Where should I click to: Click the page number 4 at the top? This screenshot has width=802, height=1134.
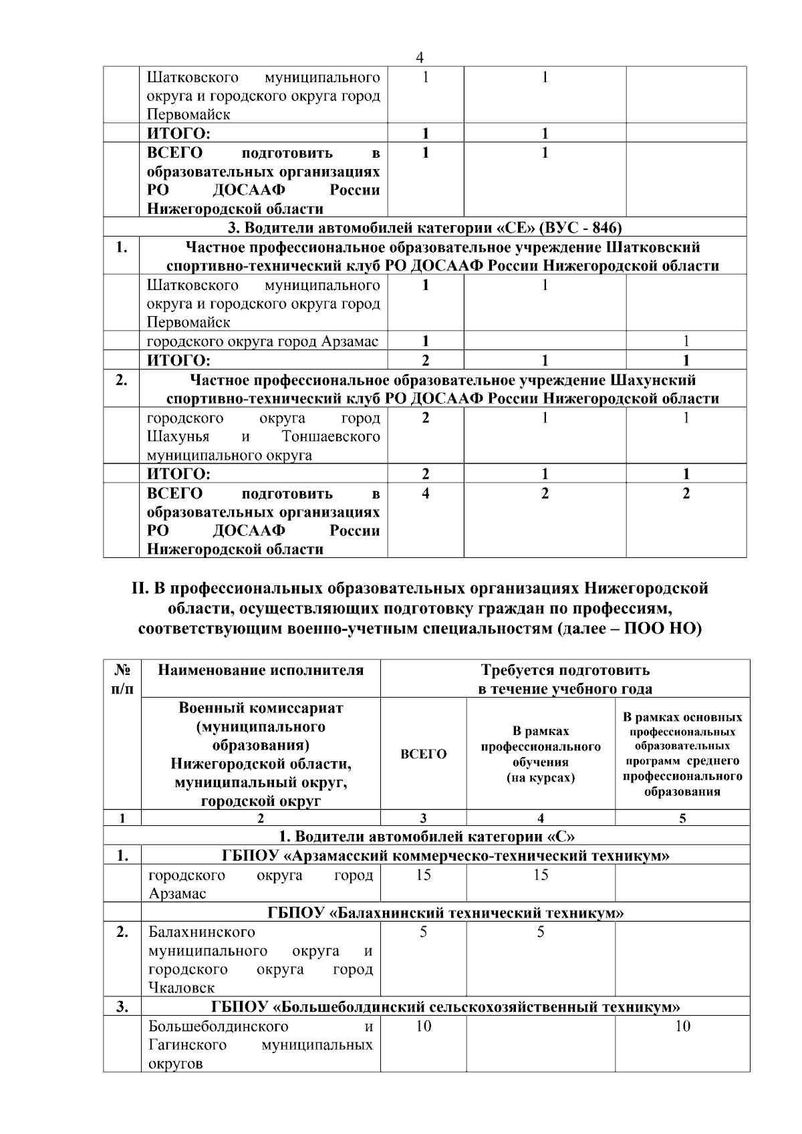point(419,58)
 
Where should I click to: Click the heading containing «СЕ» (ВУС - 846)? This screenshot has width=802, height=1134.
point(424,227)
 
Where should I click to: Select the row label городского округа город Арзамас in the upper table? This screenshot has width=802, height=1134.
point(263,342)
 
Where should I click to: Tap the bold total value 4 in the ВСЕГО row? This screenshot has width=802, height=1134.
point(426,494)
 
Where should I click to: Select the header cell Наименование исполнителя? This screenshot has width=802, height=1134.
point(261,670)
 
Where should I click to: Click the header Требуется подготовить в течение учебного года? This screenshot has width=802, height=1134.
point(565,679)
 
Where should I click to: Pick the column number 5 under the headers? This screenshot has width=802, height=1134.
point(682,818)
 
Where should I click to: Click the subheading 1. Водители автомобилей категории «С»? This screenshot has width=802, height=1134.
point(426,837)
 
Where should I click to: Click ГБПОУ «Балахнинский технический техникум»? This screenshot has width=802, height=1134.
point(446,913)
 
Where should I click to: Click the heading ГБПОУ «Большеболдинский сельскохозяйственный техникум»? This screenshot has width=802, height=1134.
point(446,1007)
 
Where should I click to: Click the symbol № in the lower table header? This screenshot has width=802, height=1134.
point(122,670)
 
